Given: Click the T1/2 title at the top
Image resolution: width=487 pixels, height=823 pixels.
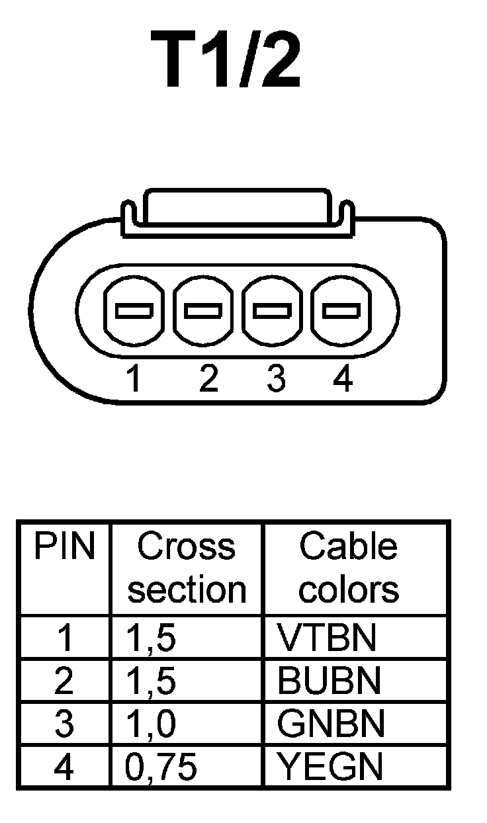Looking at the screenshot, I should pyautogui.click(x=226, y=60).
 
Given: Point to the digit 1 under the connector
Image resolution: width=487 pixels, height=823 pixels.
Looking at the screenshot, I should pyautogui.click(x=134, y=379).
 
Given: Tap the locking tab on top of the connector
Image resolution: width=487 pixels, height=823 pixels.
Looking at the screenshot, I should pyautogui.click(x=237, y=210).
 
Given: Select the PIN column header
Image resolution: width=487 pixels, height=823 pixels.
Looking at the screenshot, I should pyautogui.click(x=64, y=547).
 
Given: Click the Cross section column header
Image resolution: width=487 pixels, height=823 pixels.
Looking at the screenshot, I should pyautogui.click(x=186, y=568).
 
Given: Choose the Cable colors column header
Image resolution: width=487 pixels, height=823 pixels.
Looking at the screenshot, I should pyautogui.click(x=349, y=568).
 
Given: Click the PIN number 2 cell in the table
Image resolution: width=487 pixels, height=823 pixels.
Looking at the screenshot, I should pyautogui.click(x=64, y=681).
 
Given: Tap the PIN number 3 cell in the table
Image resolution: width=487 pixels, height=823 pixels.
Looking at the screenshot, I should pyautogui.click(x=64, y=724).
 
